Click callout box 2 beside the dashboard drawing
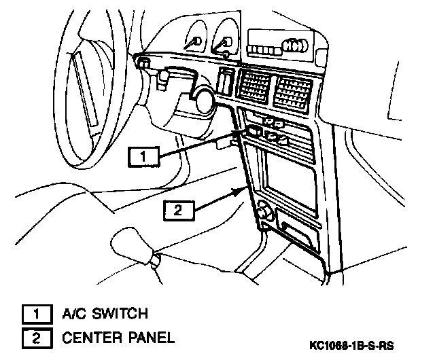pos(178,210)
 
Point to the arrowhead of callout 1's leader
pos(243,134)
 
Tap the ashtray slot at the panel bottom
pos(298,234)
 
